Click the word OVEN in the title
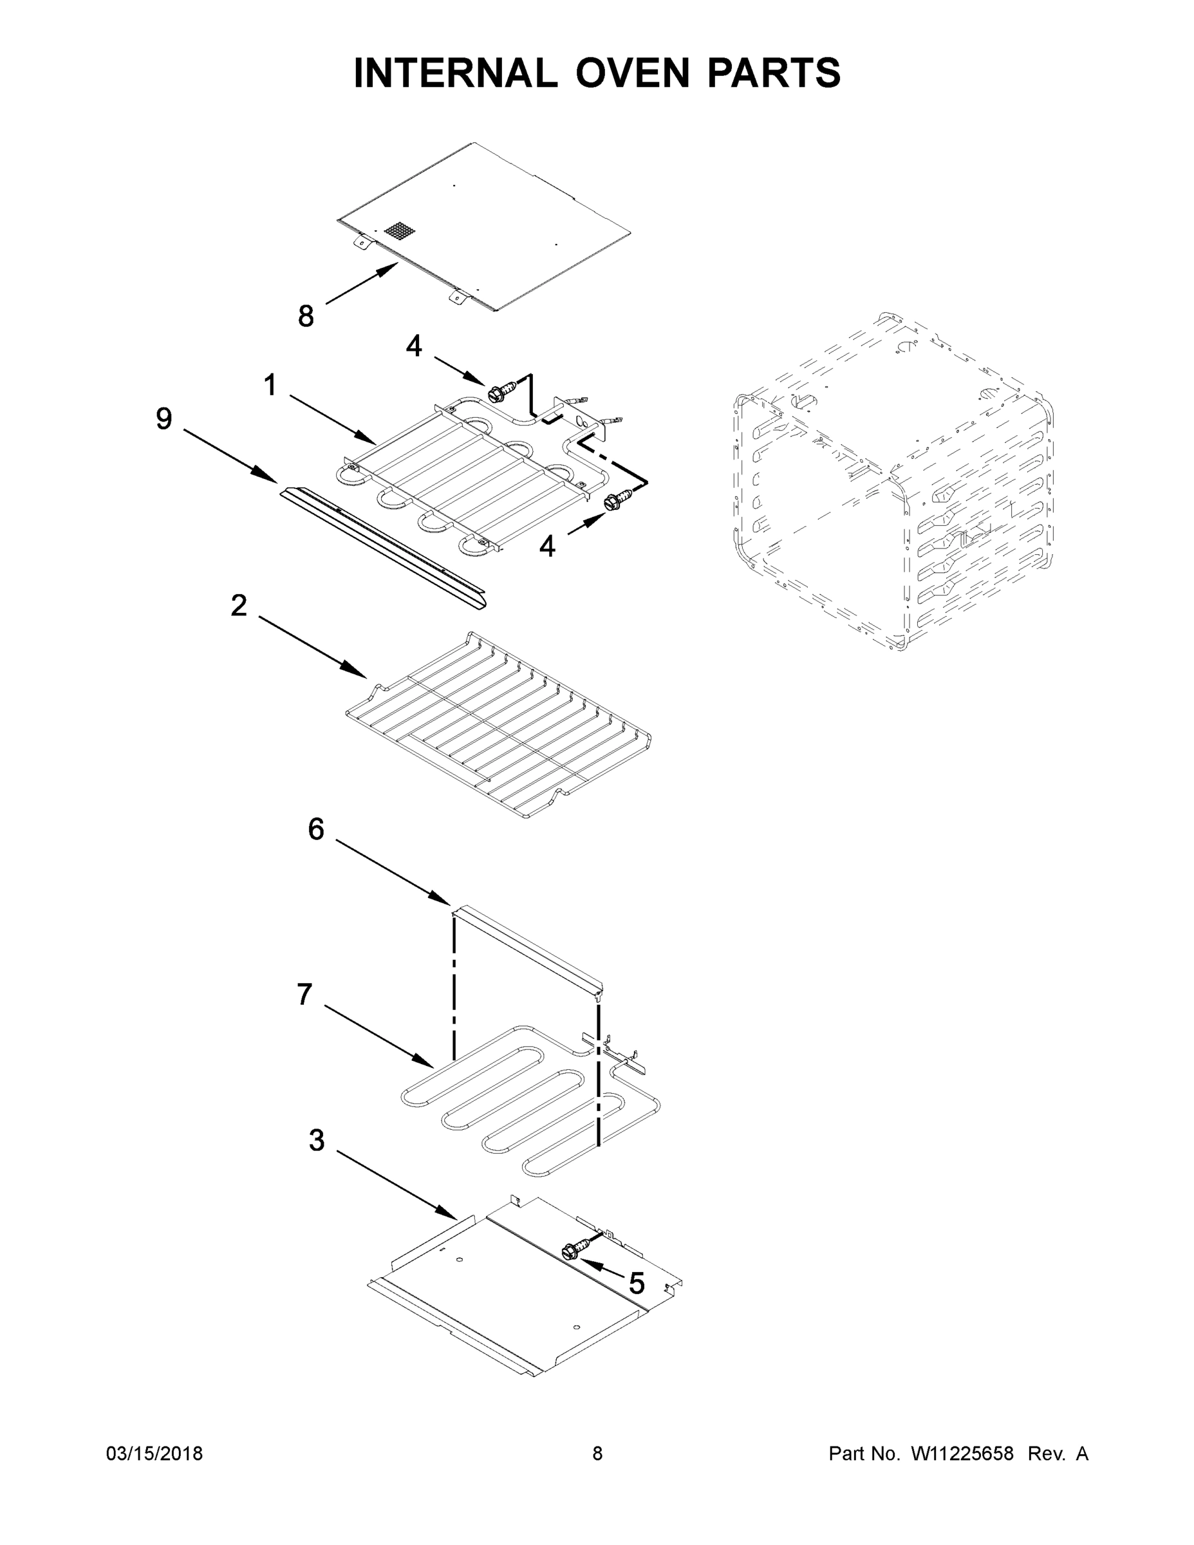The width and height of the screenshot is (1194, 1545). coord(631,73)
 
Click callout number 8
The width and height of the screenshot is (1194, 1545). coord(306,316)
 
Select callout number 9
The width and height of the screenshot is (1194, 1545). coord(163,419)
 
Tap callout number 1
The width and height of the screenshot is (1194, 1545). coord(270,386)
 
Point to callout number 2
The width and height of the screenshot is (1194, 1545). coord(239,606)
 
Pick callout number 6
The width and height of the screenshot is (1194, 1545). coord(316,829)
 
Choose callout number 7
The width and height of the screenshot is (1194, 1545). coord(305,995)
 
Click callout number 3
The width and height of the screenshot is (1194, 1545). coord(317,1140)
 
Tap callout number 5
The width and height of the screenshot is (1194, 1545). coord(636,1282)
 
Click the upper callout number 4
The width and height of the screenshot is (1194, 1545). coord(414,346)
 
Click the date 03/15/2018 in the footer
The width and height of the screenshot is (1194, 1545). coord(154,1454)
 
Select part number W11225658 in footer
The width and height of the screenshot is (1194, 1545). coord(962,1454)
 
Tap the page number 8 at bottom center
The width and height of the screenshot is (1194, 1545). coord(597,1454)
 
